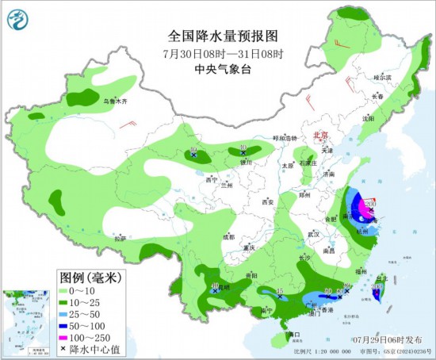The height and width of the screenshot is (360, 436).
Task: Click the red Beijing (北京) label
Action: pyautogui.click(x=321, y=135)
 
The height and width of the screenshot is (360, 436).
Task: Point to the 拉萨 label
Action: pyautogui.click(x=120, y=238)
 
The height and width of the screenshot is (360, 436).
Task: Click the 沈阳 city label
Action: pyautogui.click(x=367, y=118)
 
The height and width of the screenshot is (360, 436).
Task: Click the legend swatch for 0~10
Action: pyautogui.click(x=68, y=292)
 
